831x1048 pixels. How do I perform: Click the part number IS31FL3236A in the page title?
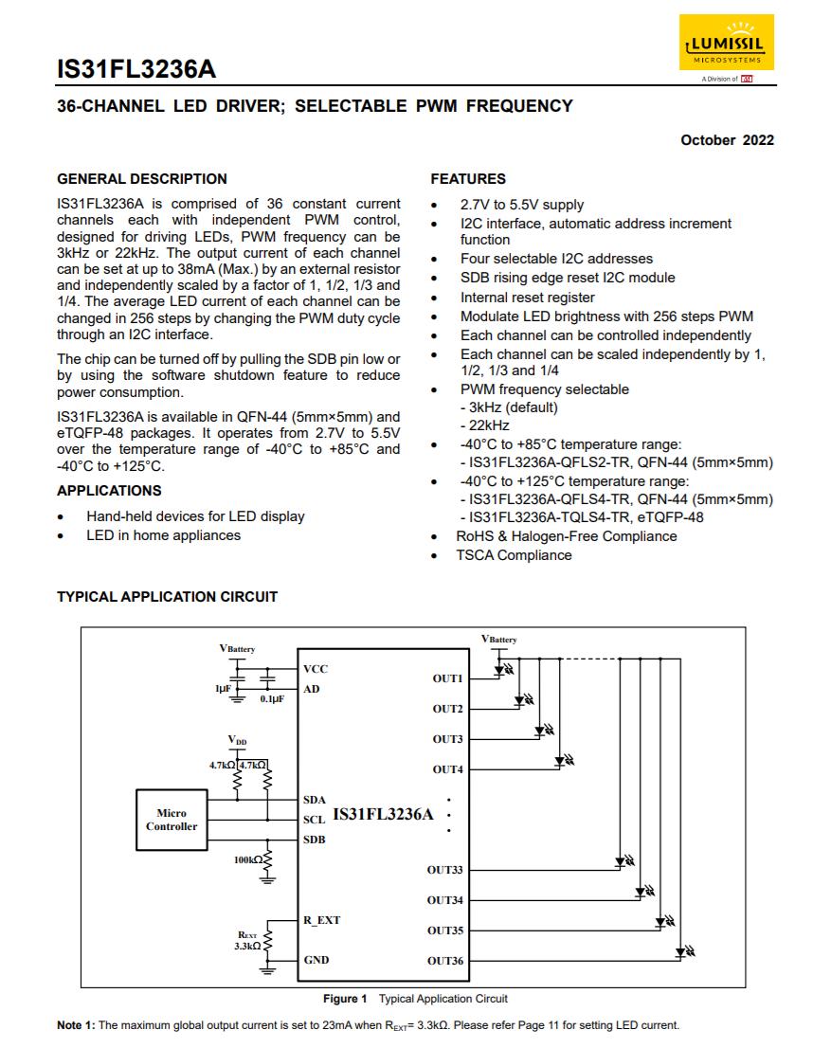point(136,69)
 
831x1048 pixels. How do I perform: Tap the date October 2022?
point(727,140)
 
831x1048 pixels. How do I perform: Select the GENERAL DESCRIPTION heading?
point(142,179)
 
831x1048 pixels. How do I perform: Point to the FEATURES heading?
point(468,179)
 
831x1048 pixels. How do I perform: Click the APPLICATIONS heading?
point(109,491)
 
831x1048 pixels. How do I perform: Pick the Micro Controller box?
point(172,820)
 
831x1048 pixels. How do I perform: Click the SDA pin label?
point(315,800)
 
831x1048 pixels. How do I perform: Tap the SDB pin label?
point(315,840)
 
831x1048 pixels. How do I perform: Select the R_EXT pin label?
point(321,920)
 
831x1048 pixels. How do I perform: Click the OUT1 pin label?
point(447,678)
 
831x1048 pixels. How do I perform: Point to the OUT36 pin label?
point(445,961)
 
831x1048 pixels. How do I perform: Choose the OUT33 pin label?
point(445,870)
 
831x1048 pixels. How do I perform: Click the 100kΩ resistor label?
point(247,859)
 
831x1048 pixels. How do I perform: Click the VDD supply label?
point(237,739)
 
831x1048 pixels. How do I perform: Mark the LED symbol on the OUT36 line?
point(682,950)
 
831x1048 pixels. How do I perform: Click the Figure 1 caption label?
point(345,999)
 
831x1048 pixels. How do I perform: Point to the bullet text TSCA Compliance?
point(515,555)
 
